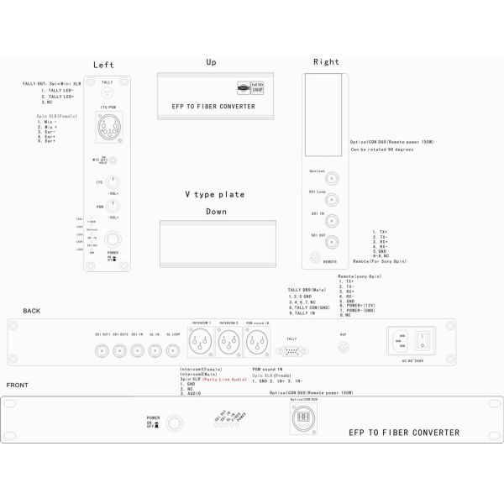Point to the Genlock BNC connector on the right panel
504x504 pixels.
331,178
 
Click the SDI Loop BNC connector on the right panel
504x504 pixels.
331,200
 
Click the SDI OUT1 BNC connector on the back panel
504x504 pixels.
102,344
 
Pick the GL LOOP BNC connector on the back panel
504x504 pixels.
173,344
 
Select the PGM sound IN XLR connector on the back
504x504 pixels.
255,342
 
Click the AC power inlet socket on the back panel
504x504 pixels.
401,340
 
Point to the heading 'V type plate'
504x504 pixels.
215,194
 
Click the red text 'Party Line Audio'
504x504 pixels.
228,380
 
